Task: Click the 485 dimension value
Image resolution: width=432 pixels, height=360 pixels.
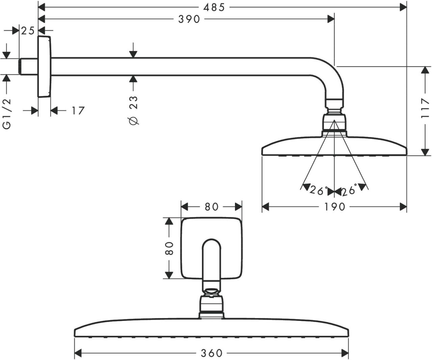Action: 213,7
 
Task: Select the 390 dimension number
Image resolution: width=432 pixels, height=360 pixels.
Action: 189,19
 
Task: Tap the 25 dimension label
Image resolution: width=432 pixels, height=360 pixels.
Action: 28,31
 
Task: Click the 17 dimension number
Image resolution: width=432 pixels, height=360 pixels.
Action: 78,110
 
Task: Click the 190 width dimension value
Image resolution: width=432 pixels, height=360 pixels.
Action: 335,206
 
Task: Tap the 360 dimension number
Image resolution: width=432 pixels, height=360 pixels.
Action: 212,353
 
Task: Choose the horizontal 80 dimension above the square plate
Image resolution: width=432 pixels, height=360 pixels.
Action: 212,206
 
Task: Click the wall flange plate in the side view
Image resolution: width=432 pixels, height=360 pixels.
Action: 44,66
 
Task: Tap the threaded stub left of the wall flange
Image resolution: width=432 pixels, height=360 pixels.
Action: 28,66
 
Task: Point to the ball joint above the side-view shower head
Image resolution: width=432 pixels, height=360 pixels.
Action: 334,122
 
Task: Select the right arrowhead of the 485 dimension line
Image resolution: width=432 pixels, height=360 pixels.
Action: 403,7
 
